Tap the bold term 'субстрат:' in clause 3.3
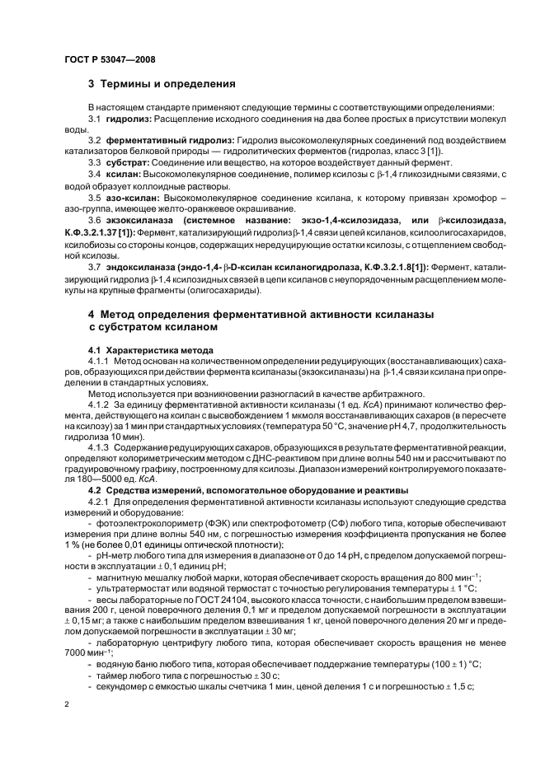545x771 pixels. [126, 162]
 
